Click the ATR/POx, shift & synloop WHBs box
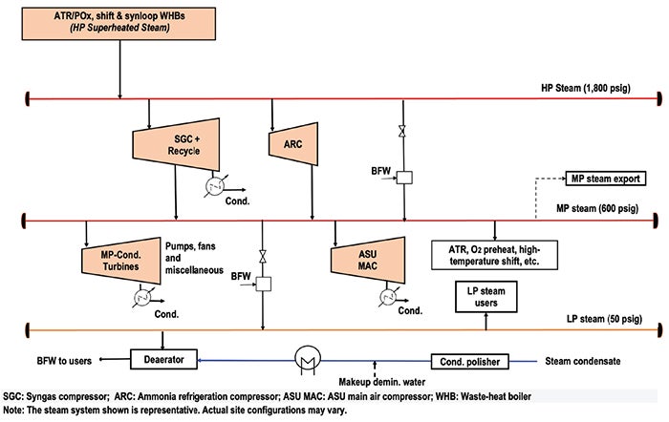click(119, 24)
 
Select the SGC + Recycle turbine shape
click(176, 144)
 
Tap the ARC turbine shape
click(293, 144)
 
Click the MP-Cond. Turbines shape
click(121, 261)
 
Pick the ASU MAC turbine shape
click(368, 260)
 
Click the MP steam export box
click(605, 179)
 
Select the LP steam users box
click(486, 297)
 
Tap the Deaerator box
click(163, 359)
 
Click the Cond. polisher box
click(470, 362)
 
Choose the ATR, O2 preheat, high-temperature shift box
click(494, 255)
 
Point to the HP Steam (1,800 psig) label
click(586, 88)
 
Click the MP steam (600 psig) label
click(597, 208)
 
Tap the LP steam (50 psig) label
click(604, 319)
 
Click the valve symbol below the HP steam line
click(402, 132)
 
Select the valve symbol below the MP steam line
click(263, 257)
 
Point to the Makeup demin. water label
click(382, 382)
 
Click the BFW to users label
click(64, 361)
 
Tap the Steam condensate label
click(583, 362)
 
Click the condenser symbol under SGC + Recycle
click(215, 187)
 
